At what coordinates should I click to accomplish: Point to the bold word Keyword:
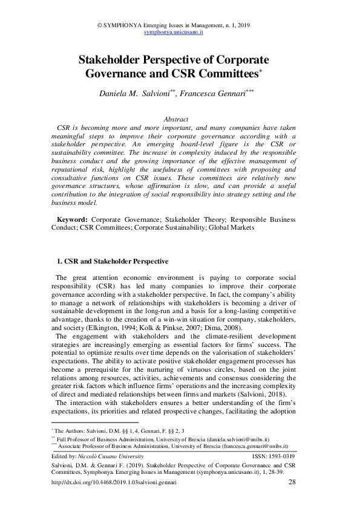click(73, 219)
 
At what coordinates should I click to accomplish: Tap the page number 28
click(292, 482)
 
